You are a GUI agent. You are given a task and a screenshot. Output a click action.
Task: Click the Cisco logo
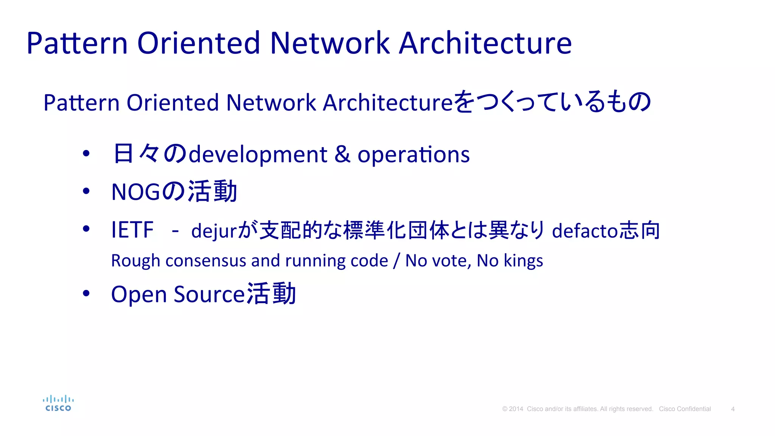[58, 403]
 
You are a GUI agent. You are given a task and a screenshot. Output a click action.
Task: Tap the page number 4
[733, 409]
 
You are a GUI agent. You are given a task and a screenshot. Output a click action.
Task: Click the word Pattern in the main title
[77, 43]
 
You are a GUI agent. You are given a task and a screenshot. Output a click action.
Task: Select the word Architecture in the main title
[485, 43]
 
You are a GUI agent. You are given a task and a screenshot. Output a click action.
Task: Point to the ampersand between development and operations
[342, 154]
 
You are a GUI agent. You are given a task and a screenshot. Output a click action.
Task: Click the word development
[258, 155]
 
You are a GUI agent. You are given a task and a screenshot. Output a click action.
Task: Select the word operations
[413, 155]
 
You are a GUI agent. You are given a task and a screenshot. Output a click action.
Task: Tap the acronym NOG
[136, 192]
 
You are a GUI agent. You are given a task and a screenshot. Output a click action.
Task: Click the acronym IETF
[132, 230]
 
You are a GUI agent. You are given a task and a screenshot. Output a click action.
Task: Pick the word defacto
[585, 231]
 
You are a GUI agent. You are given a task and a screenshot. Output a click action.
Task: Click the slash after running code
[396, 261]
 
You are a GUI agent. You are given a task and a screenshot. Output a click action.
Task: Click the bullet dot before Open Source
[86, 293]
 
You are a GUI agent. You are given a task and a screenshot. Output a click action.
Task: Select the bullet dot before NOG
[86, 191]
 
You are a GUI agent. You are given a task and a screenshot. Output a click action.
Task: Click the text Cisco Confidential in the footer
[685, 409]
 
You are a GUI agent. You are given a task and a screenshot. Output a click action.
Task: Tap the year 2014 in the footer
[516, 409]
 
